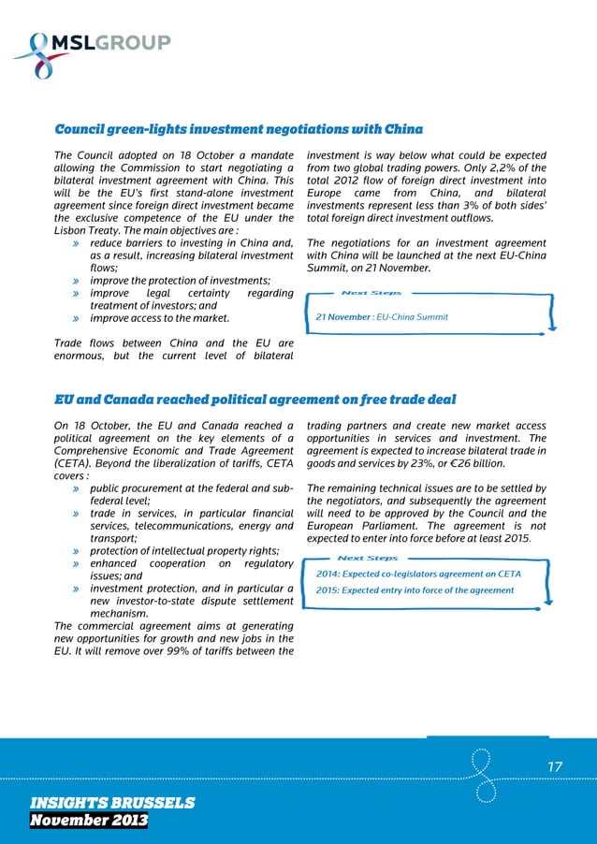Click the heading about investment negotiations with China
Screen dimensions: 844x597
239,129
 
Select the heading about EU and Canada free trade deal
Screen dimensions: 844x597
255,400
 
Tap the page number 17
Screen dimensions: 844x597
555,767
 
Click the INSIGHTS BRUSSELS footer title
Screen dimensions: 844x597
112,803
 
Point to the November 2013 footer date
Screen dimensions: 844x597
88,821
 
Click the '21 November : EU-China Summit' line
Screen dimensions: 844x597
382,317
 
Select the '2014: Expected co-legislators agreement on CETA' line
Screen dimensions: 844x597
418,574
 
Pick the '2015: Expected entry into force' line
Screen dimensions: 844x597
415,590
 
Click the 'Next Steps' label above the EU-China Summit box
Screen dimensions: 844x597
371,293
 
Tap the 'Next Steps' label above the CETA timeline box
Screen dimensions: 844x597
367,558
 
